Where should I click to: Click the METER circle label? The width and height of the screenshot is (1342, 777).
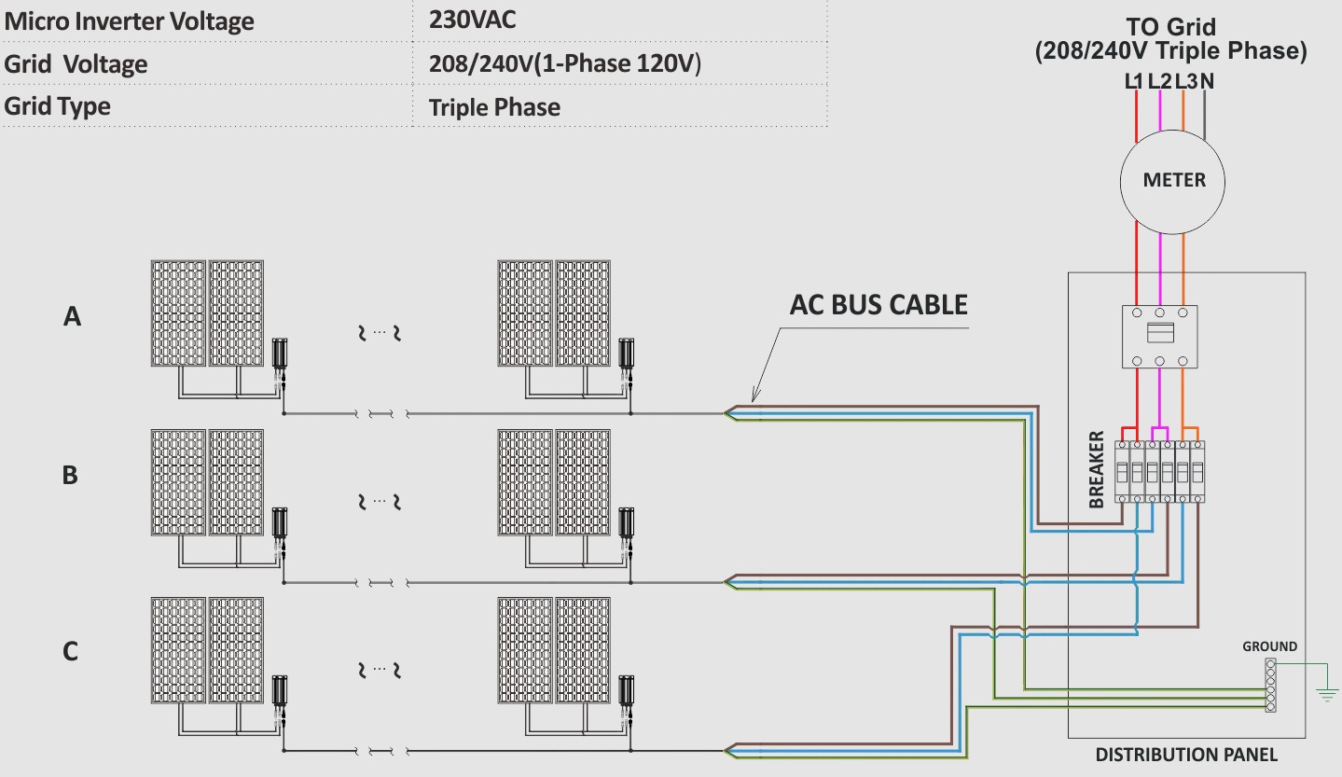[x=1173, y=180]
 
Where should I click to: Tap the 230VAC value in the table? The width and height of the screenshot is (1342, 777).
[x=472, y=20]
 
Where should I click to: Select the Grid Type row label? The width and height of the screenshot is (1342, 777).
[x=57, y=106]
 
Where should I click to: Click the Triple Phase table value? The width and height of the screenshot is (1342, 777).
[x=494, y=108]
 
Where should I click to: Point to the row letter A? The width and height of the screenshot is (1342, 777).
[x=72, y=316]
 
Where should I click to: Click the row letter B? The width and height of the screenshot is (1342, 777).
[x=70, y=475]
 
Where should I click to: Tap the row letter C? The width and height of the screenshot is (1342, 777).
[x=70, y=651]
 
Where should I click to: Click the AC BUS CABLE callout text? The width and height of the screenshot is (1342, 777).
[x=879, y=305]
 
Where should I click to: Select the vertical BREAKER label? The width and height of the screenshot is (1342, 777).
[x=1096, y=470]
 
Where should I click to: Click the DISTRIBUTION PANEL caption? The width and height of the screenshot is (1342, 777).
[x=1186, y=755]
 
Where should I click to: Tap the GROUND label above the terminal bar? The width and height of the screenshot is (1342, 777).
[x=1269, y=646]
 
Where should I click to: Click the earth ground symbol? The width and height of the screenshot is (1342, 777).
[x=1327, y=695]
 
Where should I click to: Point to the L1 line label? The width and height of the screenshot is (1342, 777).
[x=1133, y=81]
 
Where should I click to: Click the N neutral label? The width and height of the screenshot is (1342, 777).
[x=1207, y=81]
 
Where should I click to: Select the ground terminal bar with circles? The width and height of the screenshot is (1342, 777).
[x=1270, y=685]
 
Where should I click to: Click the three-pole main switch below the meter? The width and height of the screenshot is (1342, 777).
[x=1160, y=337]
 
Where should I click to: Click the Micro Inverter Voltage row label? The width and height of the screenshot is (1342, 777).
[x=129, y=21]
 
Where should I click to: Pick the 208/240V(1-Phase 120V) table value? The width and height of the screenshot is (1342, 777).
[x=565, y=63]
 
